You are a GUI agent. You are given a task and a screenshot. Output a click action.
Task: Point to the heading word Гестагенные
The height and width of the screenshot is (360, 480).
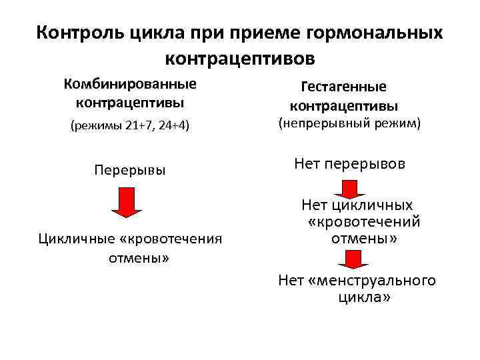[344, 87]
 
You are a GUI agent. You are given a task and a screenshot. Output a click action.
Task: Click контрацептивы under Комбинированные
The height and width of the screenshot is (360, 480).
[130, 103]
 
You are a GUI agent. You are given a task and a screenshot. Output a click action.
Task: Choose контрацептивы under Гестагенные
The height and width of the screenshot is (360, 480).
[344, 106]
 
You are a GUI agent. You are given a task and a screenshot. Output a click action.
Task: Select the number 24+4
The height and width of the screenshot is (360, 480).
[172, 127]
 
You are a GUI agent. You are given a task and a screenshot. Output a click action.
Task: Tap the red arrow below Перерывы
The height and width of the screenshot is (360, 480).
[126, 202]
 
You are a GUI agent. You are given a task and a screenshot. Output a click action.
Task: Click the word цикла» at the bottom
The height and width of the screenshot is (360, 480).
[364, 297]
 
